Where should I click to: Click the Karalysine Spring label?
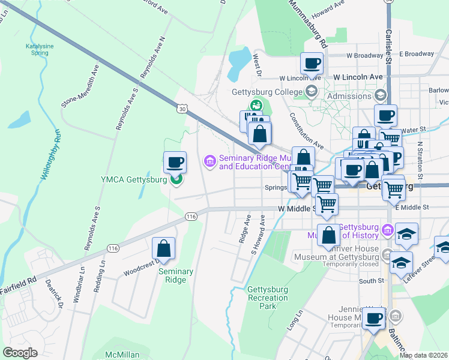click(x=37, y=49)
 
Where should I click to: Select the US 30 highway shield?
click(x=182, y=109)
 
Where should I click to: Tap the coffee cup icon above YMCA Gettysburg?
click(x=175, y=162)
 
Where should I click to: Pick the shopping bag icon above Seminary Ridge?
click(x=163, y=249)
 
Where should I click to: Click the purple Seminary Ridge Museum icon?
click(x=210, y=161)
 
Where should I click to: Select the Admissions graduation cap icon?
click(x=379, y=96)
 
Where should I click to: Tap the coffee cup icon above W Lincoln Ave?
click(x=312, y=63)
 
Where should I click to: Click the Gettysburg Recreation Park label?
click(x=268, y=298)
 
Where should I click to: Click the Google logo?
click(x=20, y=353)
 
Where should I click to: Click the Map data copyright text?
click(x=423, y=355)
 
